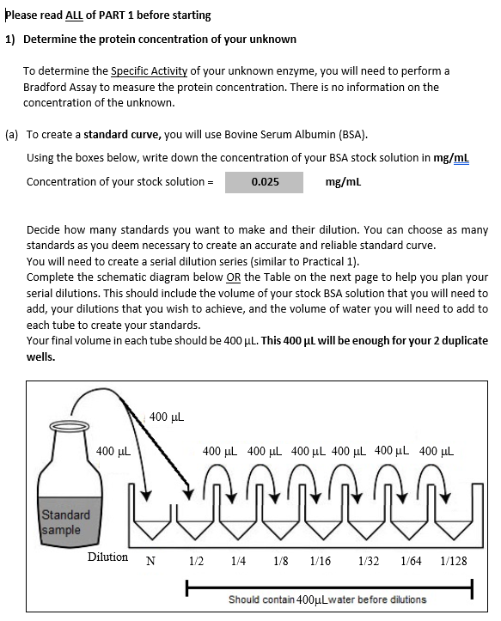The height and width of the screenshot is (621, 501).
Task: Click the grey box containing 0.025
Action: click(264, 182)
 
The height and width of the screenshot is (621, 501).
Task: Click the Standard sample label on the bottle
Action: click(66, 522)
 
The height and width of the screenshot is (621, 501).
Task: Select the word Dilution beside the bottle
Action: click(108, 557)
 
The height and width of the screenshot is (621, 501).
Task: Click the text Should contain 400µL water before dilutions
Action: click(327, 599)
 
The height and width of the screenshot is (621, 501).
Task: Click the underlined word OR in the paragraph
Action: click(229, 277)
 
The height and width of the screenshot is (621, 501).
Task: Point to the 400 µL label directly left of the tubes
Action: click(113, 452)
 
